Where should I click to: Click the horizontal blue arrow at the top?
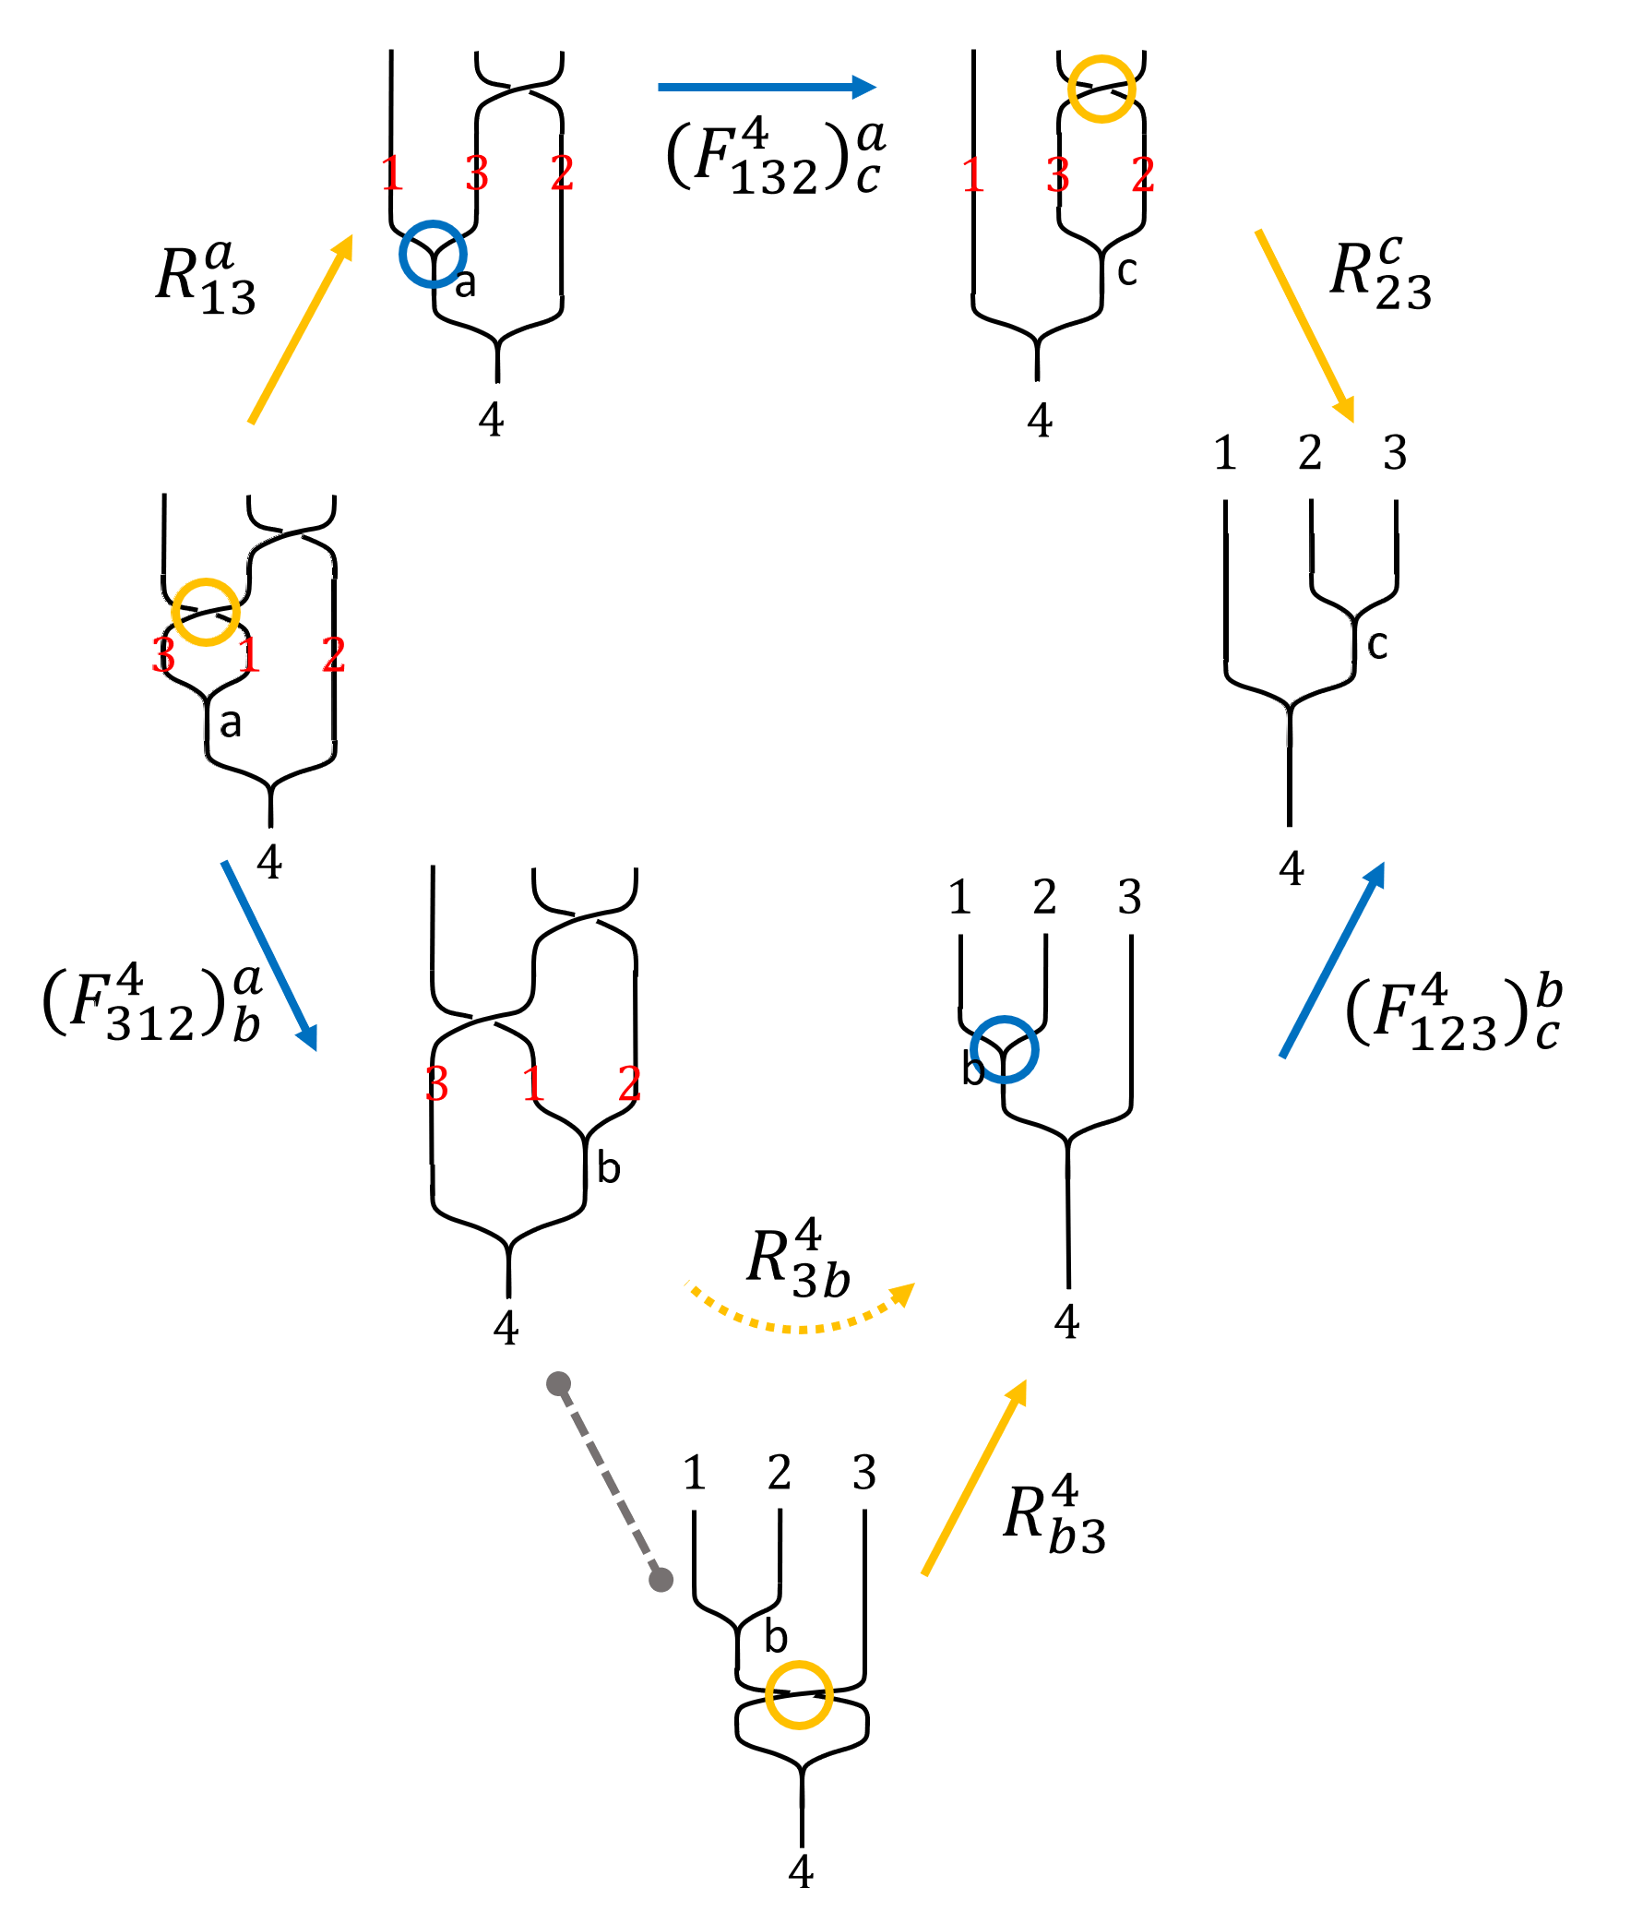[766, 88]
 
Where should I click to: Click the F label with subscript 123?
[1454, 1015]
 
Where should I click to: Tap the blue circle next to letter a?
[433, 254]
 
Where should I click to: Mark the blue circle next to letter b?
[1005, 1049]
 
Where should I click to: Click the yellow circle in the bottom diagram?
[799, 1695]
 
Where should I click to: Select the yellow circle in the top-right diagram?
[1101, 89]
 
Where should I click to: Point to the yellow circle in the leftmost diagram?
[206, 612]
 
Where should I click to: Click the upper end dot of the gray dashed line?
[558, 1383]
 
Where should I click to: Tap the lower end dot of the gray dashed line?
[661, 1580]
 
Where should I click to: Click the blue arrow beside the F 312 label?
[269, 955]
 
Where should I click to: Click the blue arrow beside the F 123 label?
[1334, 960]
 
